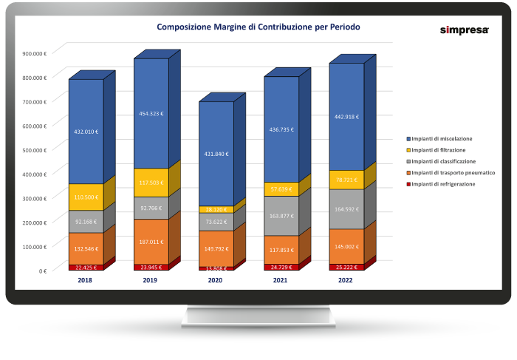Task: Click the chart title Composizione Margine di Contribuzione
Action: [258, 27]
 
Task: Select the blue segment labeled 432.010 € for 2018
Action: [86, 132]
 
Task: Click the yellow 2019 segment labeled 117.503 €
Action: [151, 183]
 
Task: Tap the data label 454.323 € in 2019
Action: [151, 113]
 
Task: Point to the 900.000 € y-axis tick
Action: [35, 53]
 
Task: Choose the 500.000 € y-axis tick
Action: [35, 149]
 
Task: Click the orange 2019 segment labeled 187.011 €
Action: [151, 240]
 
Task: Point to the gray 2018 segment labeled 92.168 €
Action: [86, 222]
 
